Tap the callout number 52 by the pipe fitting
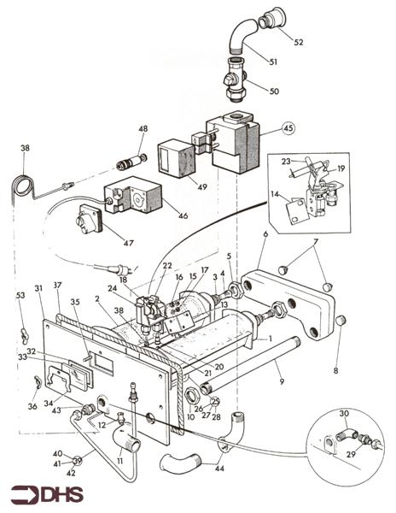[x=298, y=42]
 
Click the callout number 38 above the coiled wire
[x=25, y=148]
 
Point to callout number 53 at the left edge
[x=20, y=296]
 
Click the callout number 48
[x=143, y=128]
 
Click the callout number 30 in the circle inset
[x=344, y=414]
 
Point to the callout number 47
[x=130, y=244]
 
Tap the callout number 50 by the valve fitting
[x=274, y=91]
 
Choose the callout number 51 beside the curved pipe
[x=274, y=62]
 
